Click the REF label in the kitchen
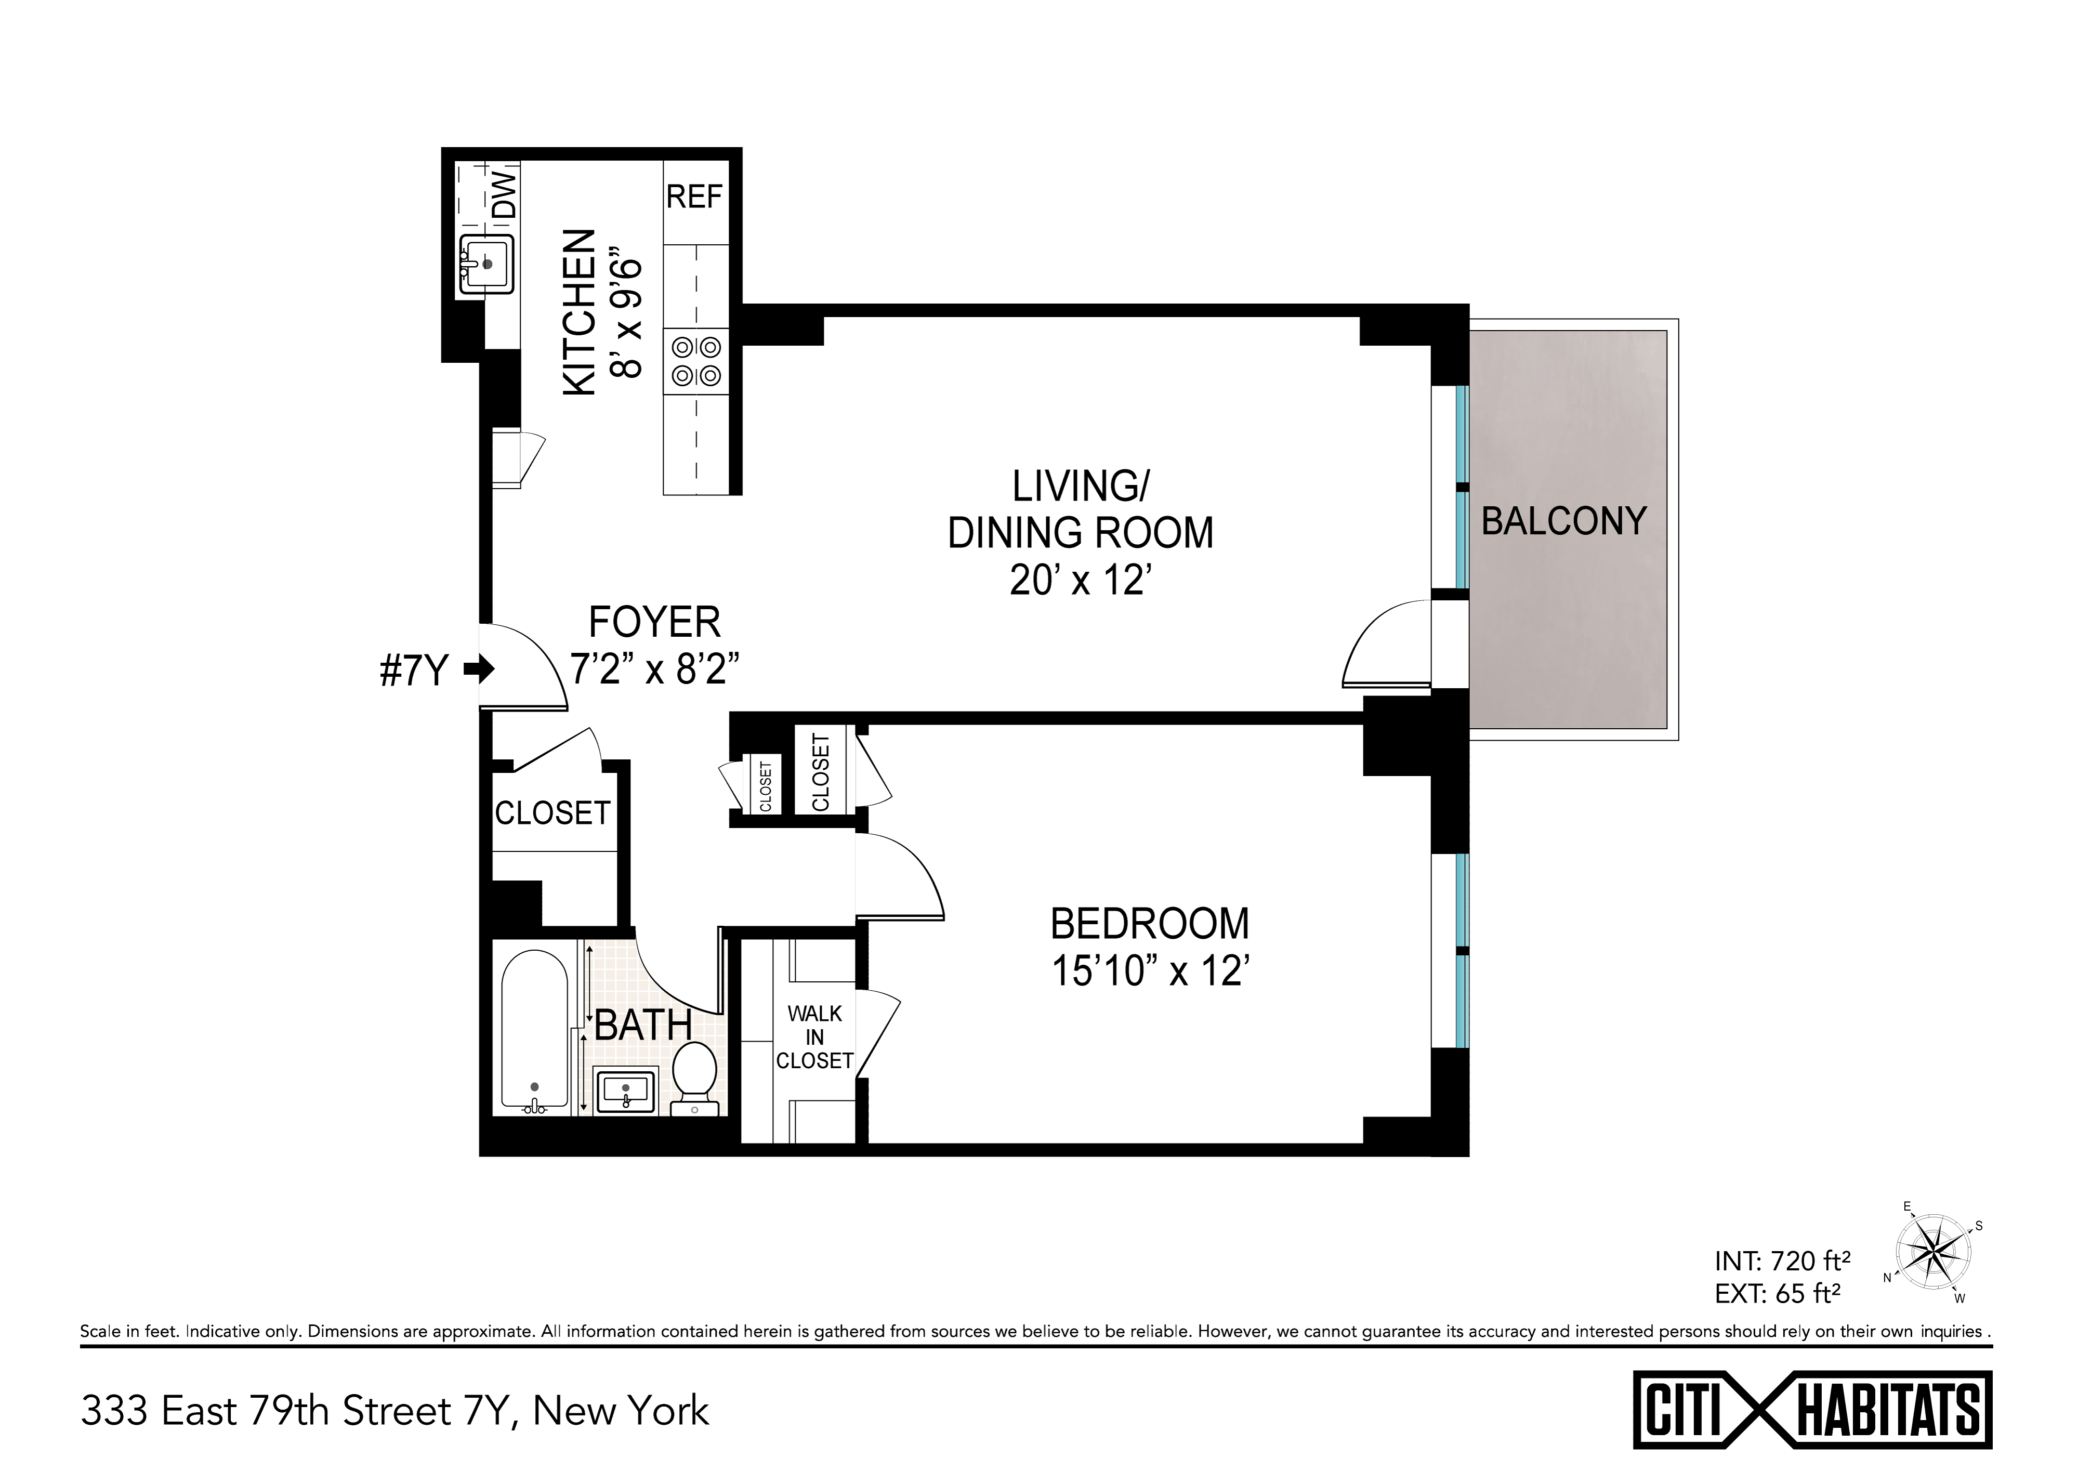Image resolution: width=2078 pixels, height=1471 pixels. [x=695, y=196]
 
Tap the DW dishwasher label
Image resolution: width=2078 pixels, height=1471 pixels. [x=505, y=195]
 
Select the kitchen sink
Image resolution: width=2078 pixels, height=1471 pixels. [x=486, y=265]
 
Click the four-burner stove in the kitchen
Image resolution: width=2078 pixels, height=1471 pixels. [x=695, y=361]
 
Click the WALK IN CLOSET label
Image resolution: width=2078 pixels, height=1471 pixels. [x=814, y=1037]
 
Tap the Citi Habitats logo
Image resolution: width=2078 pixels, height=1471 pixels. [x=1812, y=1410]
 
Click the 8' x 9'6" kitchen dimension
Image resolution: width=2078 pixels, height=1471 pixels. [x=626, y=318]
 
